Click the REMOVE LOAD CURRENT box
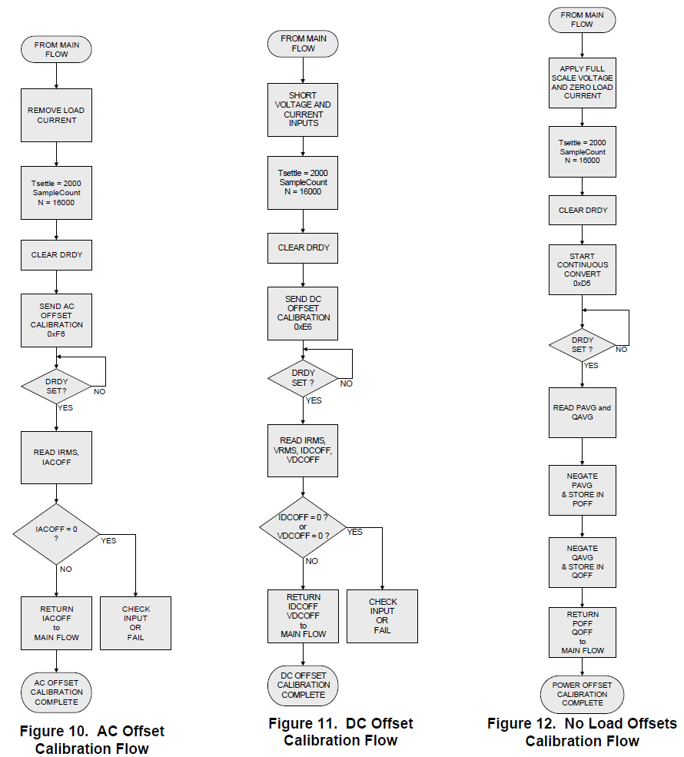click(x=56, y=115)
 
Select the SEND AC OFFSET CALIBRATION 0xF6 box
click(x=56, y=320)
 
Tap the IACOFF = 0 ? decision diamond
click(x=56, y=534)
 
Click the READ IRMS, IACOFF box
click(x=56, y=457)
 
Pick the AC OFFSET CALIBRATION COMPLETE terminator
click(x=56, y=692)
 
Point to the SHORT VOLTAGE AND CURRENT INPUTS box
click(x=303, y=109)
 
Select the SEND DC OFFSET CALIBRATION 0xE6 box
click(x=303, y=313)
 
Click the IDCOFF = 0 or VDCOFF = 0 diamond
click(x=303, y=526)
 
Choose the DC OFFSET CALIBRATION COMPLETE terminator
click(x=303, y=685)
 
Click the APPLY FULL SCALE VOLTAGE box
click(x=582, y=82)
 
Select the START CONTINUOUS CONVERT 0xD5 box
click(x=582, y=269)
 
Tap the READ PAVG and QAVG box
click(x=582, y=413)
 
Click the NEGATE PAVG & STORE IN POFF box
click(x=582, y=490)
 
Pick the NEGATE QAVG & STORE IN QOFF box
click(x=582, y=562)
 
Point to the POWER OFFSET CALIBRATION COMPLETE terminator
click(x=582, y=694)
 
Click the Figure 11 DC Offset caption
click(x=340, y=732)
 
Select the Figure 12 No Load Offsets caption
click(x=582, y=732)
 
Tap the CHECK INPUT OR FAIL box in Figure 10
click(x=136, y=623)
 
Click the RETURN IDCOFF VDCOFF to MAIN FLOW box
click(x=303, y=616)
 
